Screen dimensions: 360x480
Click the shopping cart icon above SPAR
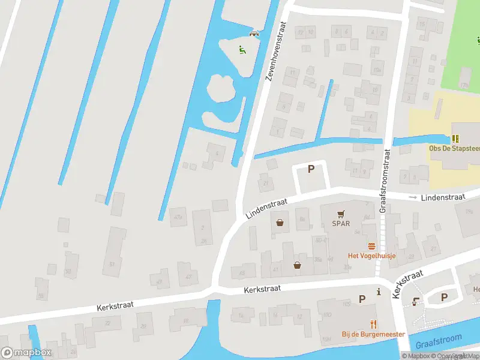click(x=341, y=213)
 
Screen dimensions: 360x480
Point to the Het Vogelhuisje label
click(x=372, y=255)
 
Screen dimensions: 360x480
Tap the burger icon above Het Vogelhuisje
click(x=372, y=246)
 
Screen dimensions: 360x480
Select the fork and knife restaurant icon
click(x=373, y=324)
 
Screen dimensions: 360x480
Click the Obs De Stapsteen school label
click(x=454, y=148)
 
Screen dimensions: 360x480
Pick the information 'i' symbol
click(x=379, y=292)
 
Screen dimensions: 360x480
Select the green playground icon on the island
click(x=242, y=50)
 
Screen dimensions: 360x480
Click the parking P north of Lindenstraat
click(x=311, y=169)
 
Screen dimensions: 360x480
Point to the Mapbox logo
click(x=26, y=353)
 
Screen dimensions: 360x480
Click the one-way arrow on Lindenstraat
click(x=412, y=197)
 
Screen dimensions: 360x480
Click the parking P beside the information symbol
click(x=362, y=299)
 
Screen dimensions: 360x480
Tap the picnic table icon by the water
click(x=255, y=33)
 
